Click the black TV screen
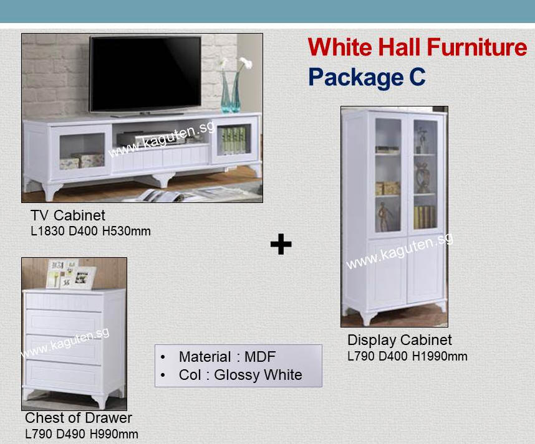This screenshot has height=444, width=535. pos(145,73)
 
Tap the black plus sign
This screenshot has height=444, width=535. pos(281,244)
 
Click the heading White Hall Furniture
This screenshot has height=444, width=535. pos(417,47)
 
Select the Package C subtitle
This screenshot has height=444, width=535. pos(367,77)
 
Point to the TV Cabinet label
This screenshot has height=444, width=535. pos(67,215)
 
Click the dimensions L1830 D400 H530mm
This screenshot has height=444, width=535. pos(90,231)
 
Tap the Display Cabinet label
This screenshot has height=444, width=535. pos(400,340)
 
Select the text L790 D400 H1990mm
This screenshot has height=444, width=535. pos(407,356)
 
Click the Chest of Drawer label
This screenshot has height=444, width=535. pos(79,418)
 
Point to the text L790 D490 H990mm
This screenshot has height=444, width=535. pos(82,434)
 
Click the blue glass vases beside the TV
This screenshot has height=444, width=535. pos(230,92)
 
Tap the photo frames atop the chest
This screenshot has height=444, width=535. pos(71,274)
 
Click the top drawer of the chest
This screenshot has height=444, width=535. pos(64,301)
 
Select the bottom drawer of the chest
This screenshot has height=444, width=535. pos(64,376)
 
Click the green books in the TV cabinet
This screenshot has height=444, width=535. pos(233,139)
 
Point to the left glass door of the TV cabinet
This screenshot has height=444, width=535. pos(81,152)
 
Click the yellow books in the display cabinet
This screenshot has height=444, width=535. pos(425,217)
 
